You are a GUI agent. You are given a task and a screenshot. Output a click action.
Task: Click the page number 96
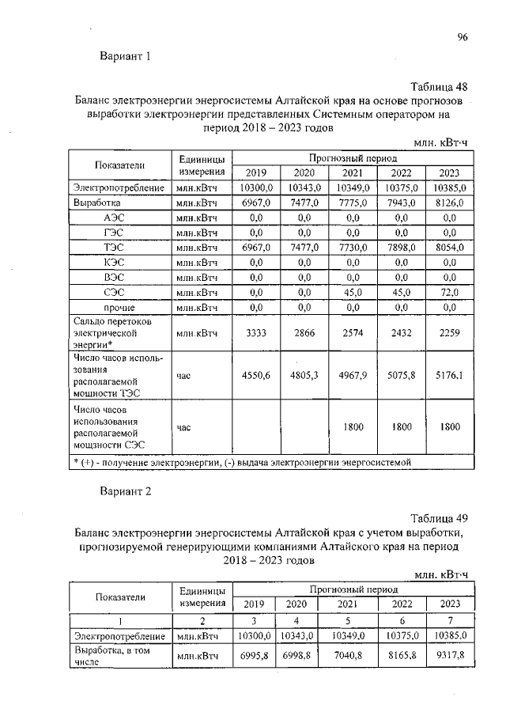(463, 36)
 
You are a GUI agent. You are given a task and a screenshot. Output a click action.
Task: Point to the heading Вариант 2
(125, 491)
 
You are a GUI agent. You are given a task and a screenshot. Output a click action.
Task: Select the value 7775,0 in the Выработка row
(353, 203)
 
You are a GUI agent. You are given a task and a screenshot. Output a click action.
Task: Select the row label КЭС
(118, 262)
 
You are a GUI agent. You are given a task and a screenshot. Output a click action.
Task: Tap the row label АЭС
(118, 218)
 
